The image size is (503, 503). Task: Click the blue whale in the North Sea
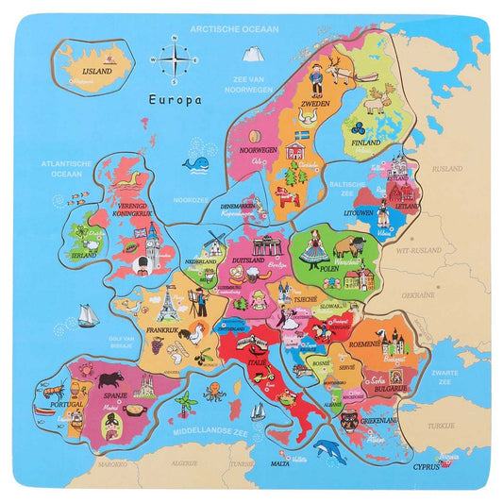point(197,166)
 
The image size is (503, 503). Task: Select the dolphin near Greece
point(329,452)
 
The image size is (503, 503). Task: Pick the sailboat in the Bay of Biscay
point(88,315)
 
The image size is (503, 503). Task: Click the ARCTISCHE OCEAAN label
point(235,29)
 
